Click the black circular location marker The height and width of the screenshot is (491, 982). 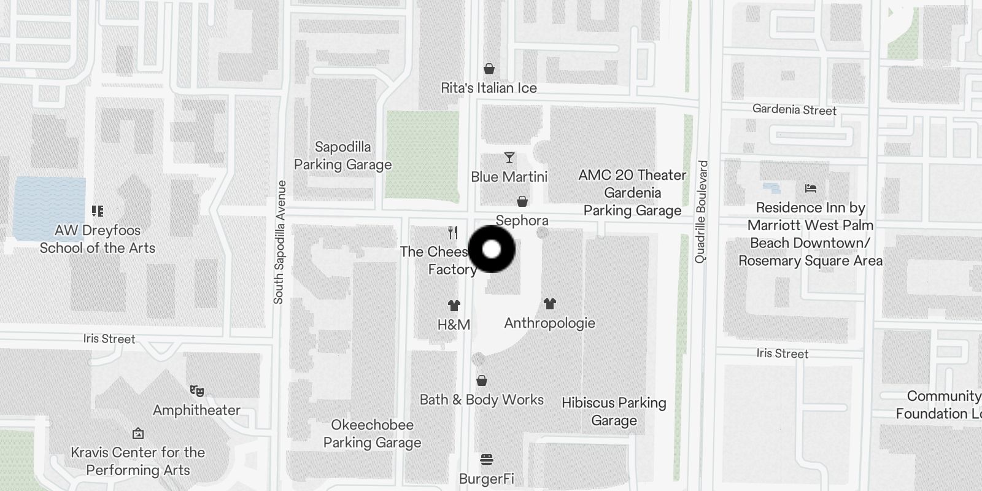(491, 249)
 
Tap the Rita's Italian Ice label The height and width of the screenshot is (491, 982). (489, 88)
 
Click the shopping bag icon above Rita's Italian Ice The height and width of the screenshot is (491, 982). (489, 69)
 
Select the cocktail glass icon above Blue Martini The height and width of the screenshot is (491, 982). (509, 158)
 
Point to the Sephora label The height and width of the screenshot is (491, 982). (522, 220)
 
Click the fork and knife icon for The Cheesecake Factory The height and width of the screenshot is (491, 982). (453, 233)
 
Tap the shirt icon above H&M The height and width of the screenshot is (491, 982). (454, 306)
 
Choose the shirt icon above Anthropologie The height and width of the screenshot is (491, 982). (549, 303)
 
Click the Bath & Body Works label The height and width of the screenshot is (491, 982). (482, 400)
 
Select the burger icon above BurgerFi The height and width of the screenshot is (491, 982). (487, 460)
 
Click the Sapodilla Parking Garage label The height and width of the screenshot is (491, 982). (342, 156)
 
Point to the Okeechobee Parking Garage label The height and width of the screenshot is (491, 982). (372, 433)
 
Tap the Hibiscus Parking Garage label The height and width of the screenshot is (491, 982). (614, 411)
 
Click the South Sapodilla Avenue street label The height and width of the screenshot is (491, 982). (279, 242)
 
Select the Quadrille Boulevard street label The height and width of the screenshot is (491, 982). (702, 212)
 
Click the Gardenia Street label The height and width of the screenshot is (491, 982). (794, 110)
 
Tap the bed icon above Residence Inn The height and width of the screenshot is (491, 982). (811, 188)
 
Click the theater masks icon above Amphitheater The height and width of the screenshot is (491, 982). (196, 391)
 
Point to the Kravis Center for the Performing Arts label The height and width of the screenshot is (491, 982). (138, 461)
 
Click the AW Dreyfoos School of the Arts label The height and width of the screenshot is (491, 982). (98, 239)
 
